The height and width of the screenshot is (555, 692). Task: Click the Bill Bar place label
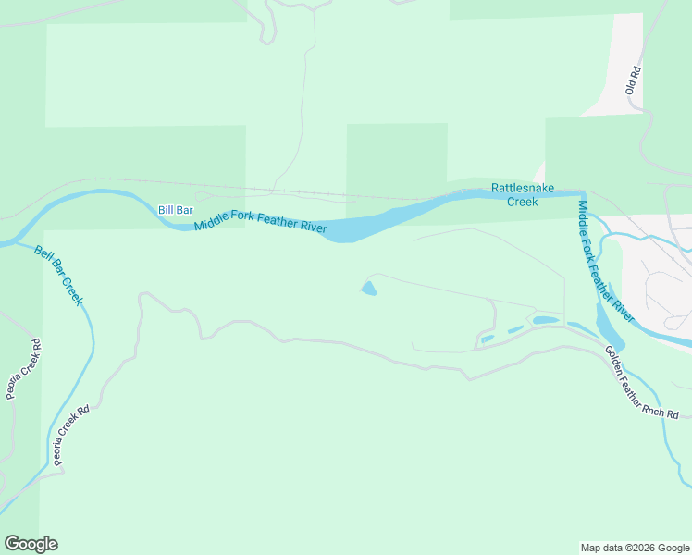click(175, 211)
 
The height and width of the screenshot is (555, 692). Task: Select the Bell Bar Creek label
click(59, 275)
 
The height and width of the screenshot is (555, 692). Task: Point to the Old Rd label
click(633, 80)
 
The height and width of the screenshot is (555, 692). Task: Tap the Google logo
click(31, 544)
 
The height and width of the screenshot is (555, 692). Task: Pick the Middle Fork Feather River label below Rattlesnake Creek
click(605, 262)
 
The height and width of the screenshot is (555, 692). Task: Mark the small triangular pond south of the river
click(368, 290)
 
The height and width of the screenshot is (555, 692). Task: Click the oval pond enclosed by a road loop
click(546, 321)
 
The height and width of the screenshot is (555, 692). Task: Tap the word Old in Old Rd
click(631, 86)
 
